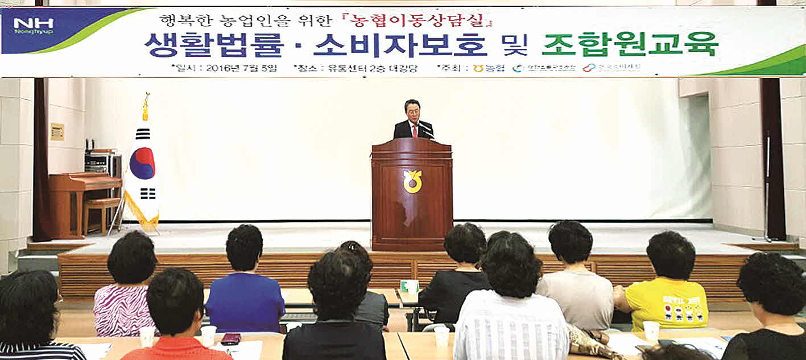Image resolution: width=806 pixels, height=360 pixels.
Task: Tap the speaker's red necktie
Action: pyautogui.click(x=415, y=130)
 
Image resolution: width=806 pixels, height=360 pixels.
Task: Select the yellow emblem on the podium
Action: pyautogui.click(x=412, y=181)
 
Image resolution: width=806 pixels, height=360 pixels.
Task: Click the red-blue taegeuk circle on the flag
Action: pyautogui.click(x=142, y=163)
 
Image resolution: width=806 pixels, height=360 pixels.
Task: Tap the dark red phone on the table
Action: pyautogui.click(x=231, y=338)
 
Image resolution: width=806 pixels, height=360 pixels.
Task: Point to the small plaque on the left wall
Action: pyautogui.click(x=57, y=131)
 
